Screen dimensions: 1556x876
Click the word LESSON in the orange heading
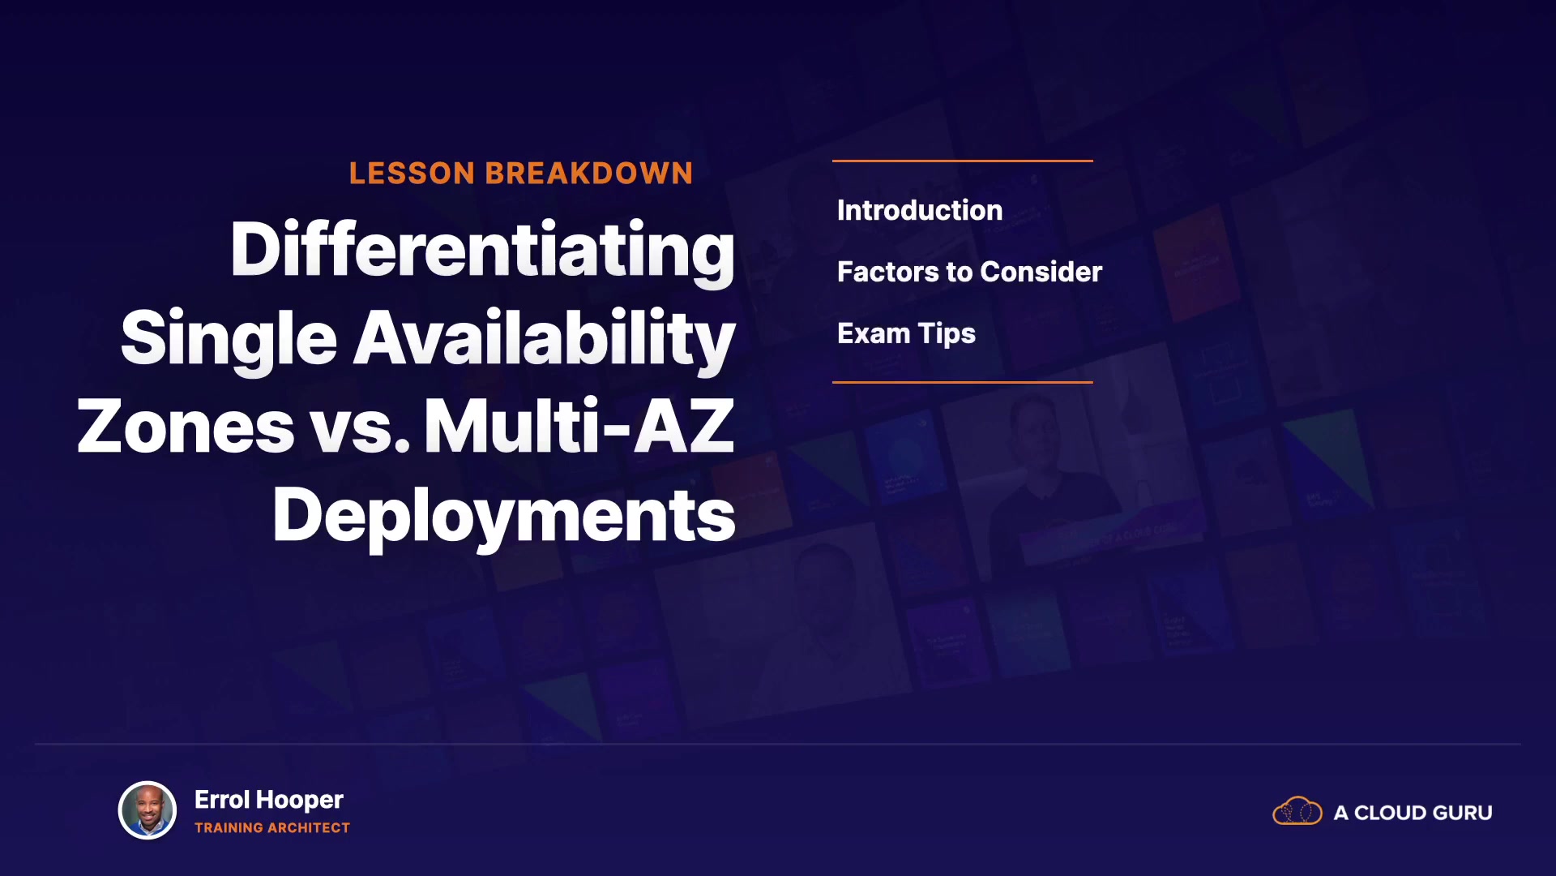(412, 174)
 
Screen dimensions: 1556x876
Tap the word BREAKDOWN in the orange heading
(589, 174)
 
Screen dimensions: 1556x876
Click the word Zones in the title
(186, 427)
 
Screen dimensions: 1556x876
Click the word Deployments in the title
(504, 517)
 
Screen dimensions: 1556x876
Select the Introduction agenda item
(920, 210)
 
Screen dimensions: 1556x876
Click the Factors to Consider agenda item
(969, 272)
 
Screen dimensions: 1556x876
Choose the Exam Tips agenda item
(906, 334)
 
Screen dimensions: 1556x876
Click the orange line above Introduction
(963, 161)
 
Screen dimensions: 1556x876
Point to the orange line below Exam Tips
(963, 382)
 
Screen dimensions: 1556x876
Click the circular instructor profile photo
(147, 810)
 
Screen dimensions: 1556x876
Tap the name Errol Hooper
(269, 801)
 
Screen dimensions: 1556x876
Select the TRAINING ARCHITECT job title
(272, 828)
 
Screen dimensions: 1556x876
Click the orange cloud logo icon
(1297, 811)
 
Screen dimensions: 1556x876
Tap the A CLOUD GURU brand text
(1413, 813)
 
